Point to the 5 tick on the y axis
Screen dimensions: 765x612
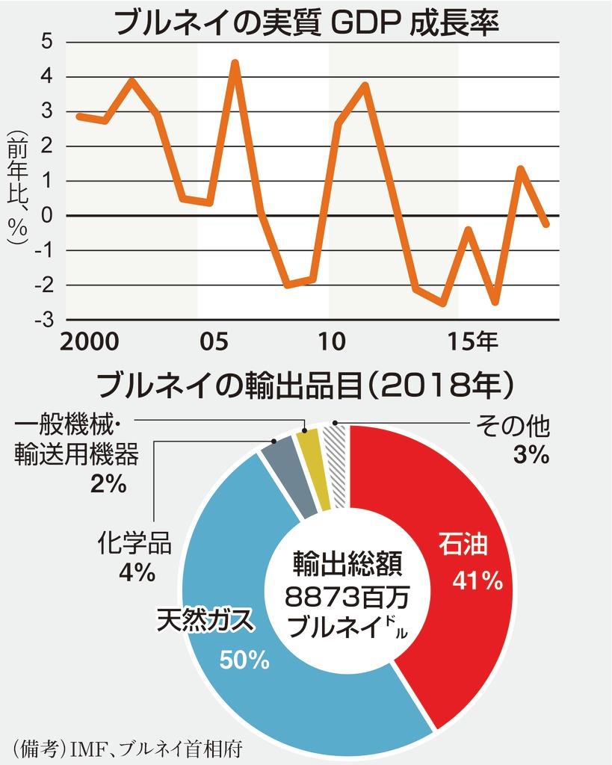coord(46,43)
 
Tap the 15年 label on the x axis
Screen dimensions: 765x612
coord(472,343)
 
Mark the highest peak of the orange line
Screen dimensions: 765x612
coord(235,63)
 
